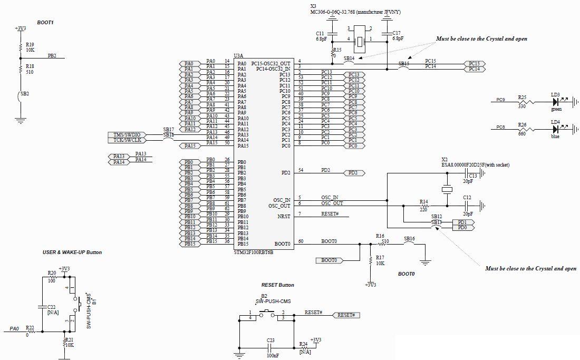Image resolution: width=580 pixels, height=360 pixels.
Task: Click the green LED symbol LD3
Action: [x=555, y=102]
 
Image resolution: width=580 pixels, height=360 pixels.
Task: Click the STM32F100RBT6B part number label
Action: [x=253, y=252]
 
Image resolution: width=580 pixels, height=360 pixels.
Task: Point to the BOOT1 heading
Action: [x=45, y=23]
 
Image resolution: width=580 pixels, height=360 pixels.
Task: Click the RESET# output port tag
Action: [x=346, y=315]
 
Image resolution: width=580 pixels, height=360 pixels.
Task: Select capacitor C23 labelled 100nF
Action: [x=270, y=348]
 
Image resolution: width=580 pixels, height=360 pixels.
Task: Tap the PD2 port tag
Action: [x=354, y=173]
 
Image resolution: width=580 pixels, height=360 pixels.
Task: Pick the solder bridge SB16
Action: [x=409, y=244]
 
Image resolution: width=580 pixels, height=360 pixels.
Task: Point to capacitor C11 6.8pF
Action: [x=333, y=33]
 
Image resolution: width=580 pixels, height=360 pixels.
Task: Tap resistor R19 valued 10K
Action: [x=21, y=47]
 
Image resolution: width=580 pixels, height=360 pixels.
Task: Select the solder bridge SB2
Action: [x=21, y=97]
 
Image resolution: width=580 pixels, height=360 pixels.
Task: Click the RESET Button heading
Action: [x=277, y=285]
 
